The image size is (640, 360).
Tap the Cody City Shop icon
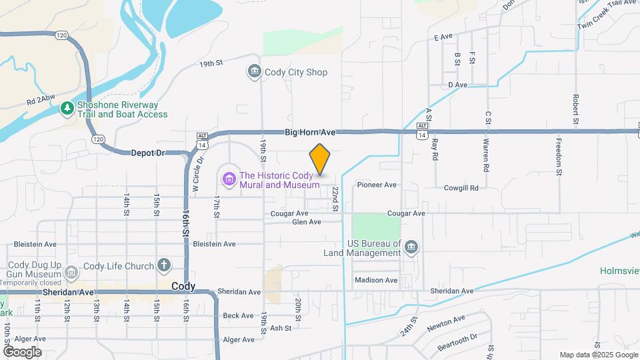pos(253,72)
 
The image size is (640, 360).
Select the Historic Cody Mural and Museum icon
pos(229,179)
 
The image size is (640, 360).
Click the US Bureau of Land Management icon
pos(412,248)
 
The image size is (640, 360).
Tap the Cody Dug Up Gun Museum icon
pos(71,272)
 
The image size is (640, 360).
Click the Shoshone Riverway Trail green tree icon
pos(67,109)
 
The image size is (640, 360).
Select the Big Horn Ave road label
pos(309,133)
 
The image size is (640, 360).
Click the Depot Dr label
pos(147,153)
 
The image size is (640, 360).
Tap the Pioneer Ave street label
pos(377,185)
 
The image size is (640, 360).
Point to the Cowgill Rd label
pos(461,188)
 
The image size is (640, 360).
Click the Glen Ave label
pos(307,222)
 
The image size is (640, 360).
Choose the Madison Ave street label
pos(375,280)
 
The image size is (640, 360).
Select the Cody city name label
pos(183,286)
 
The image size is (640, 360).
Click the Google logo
pos(22,351)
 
